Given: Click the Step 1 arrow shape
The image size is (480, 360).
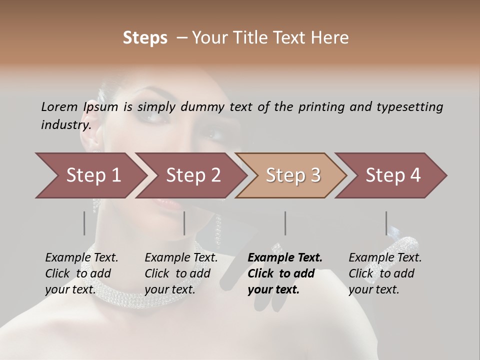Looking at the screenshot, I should click(x=92, y=175).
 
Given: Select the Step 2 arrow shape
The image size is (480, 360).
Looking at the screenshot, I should click(x=193, y=175).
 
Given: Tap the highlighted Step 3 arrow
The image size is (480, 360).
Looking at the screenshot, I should click(x=293, y=175).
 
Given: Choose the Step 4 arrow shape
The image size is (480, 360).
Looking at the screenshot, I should click(x=393, y=175).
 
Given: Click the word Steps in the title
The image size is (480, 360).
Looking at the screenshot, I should click(x=145, y=37).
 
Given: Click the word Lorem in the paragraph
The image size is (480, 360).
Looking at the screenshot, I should click(x=59, y=106).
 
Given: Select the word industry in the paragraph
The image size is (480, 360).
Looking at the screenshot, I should click(x=65, y=124).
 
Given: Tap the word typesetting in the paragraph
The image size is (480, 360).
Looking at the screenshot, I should click(x=410, y=106).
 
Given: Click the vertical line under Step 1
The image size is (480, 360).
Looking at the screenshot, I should click(x=84, y=223).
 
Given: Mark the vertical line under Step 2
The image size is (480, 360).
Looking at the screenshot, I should click(x=184, y=223).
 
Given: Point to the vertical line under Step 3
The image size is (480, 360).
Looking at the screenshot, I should click(x=285, y=223).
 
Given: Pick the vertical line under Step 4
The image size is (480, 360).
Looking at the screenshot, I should click(x=386, y=223).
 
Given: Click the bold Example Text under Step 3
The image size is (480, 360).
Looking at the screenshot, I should click(x=285, y=257).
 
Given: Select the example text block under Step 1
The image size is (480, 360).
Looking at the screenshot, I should click(x=81, y=273).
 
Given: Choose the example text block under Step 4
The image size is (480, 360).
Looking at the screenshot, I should click(x=385, y=273).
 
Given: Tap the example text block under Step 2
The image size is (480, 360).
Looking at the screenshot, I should click(x=181, y=273).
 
